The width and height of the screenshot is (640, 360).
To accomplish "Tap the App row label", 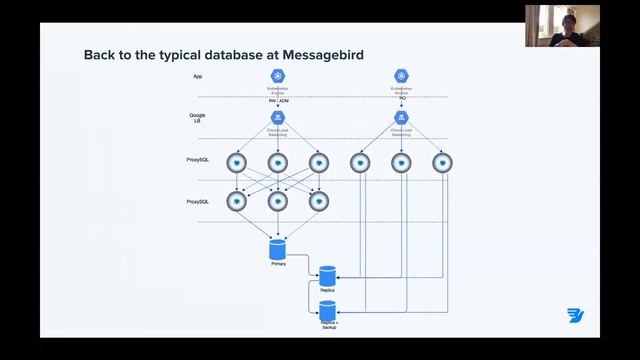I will tap(198, 77).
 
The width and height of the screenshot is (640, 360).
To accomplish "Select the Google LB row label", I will tap(198, 118).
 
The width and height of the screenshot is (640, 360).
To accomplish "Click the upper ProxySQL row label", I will tap(198, 160).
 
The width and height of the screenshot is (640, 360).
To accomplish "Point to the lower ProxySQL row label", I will tap(198, 201).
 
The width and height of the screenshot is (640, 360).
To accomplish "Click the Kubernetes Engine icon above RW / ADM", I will tap(277, 76).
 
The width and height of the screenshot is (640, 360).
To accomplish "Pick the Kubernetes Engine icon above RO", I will tap(401, 76).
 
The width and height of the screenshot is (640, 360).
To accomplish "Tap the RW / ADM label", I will tap(277, 100).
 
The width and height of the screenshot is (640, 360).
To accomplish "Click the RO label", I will tap(401, 100).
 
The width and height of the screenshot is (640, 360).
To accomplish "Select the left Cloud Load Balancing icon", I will tap(277, 118).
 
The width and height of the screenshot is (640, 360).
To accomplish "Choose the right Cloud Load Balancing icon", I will tap(401, 118).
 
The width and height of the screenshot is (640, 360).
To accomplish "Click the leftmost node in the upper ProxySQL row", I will tap(237, 161).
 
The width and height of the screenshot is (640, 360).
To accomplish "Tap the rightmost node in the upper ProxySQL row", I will tap(441, 161).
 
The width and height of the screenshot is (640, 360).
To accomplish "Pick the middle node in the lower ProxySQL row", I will tap(277, 201).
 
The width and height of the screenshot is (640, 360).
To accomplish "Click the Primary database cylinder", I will tap(278, 248).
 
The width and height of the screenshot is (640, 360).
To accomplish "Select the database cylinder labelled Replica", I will tap(327, 274).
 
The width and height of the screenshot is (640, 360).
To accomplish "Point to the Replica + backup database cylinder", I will tap(327, 311).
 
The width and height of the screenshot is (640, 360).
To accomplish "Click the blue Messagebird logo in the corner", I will tap(574, 316).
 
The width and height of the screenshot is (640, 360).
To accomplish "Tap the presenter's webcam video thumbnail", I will tap(562, 26).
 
